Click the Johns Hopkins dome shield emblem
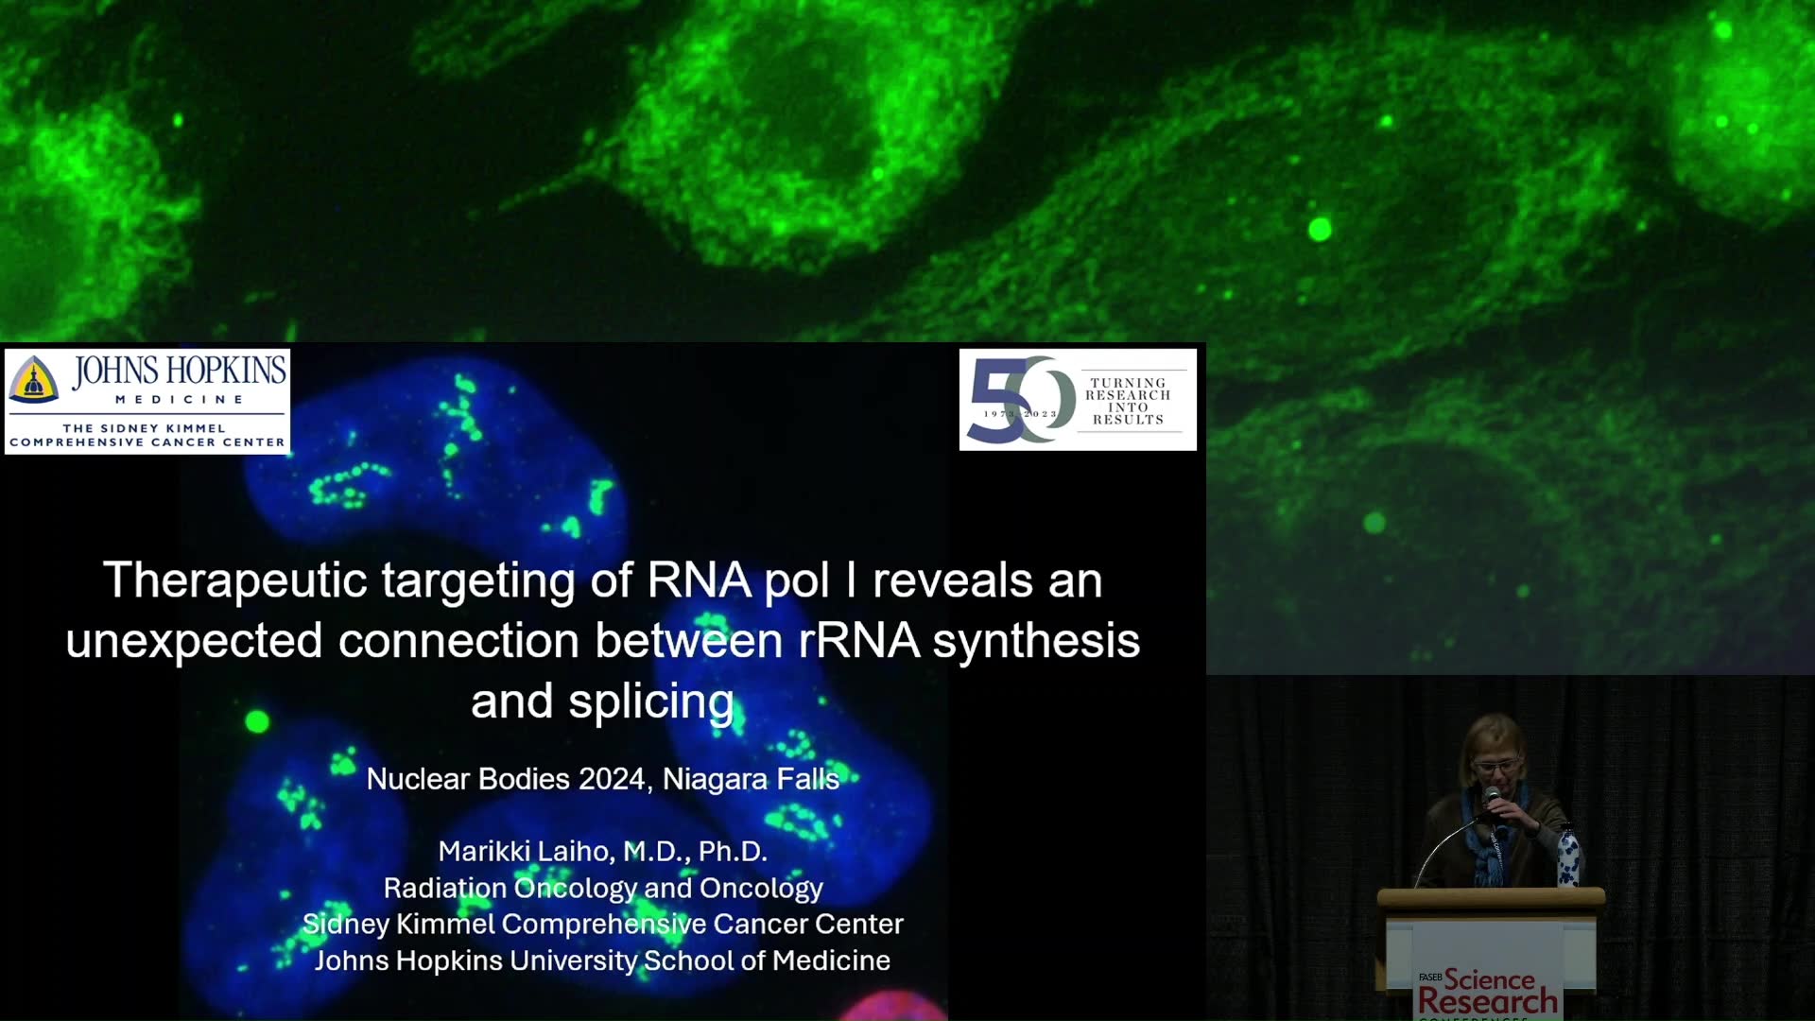click(34, 379)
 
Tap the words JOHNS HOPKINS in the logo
click(180, 371)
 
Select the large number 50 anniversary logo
click(1022, 400)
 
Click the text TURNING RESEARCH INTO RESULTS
click(1128, 402)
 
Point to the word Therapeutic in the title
click(234, 581)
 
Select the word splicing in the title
click(651, 702)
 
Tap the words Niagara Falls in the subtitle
click(751, 779)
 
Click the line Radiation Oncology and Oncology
click(603, 888)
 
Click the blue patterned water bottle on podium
click(1567, 857)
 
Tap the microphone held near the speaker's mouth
click(1491, 798)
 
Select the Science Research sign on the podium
click(1488, 993)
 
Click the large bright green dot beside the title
click(257, 722)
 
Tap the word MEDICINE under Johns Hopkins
click(180, 400)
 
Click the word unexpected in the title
click(194, 642)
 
